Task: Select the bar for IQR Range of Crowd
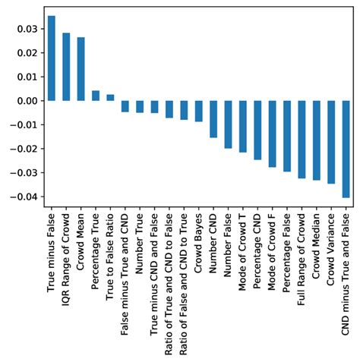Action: point(66,67)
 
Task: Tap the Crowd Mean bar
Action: point(81,69)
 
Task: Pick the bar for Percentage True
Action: point(96,96)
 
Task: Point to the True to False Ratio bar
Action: point(110,97)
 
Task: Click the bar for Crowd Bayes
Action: point(198,111)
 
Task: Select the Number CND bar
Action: point(213,119)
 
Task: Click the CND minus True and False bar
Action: point(346,149)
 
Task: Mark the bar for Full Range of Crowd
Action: point(302,140)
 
